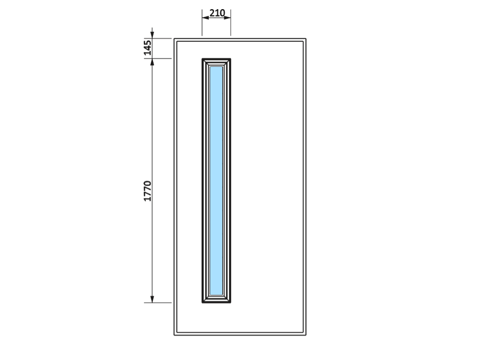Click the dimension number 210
tap(217, 13)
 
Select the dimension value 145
tap(147, 48)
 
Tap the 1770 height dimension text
tap(147, 191)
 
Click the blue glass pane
tap(216, 180)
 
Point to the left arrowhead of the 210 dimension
tap(205, 18)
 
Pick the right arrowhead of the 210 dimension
tap(228, 18)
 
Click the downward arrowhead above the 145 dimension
tap(152, 35)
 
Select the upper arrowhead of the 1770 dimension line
tap(152, 62)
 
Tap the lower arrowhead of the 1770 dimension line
tap(152, 300)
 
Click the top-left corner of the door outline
tap(174, 38)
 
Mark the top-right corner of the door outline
tap(306, 38)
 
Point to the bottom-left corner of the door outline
tap(174, 335)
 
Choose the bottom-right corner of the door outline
tap(306, 335)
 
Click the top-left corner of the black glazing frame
tap(202, 59)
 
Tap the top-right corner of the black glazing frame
tap(231, 59)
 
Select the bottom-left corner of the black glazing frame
tap(202, 303)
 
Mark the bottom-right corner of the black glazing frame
tap(231, 303)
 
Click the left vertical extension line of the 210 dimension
tap(202, 23)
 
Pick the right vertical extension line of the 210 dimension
tap(231, 23)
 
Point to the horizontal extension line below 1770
tap(157, 303)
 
